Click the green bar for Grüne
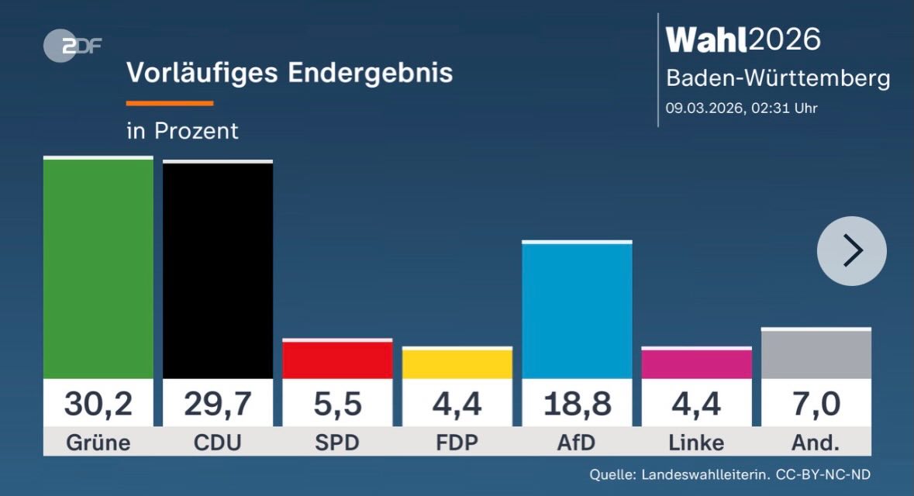pyautogui.click(x=98, y=268)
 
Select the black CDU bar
pyautogui.click(x=217, y=270)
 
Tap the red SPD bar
pyautogui.click(x=337, y=360)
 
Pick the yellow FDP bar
pyautogui.click(x=457, y=363)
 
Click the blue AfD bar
pyautogui.click(x=577, y=311)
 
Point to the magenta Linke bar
pyautogui.click(x=696, y=363)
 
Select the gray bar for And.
pyautogui.click(x=816, y=354)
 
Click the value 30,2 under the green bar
pyautogui.click(x=98, y=403)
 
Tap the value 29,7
pyautogui.click(x=217, y=403)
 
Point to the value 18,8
pyautogui.click(x=577, y=403)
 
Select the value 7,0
pyautogui.click(x=816, y=403)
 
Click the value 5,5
pyautogui.click(x=337, y=403)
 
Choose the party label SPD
pyautogui.click(x=337, y=443)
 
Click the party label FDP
pyautogui.click(x=457, y=443)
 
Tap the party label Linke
pyautogui.click(x=696, y=443)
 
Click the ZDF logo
pyautogui.click(x=72, y=46)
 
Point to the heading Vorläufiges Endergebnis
pyautogui.click(x=289, y=73)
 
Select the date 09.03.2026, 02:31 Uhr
pyautogui.click(x=742, y=108)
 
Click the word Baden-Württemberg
pyautogui.click(x=778, y=78)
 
